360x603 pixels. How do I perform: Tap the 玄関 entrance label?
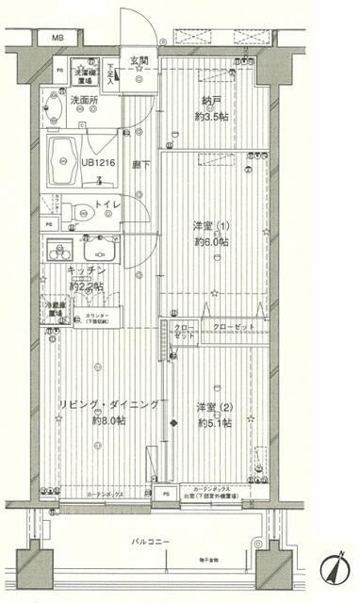(139, 60)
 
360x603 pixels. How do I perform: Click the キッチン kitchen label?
(86, 271)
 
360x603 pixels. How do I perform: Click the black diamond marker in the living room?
(172, 422)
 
